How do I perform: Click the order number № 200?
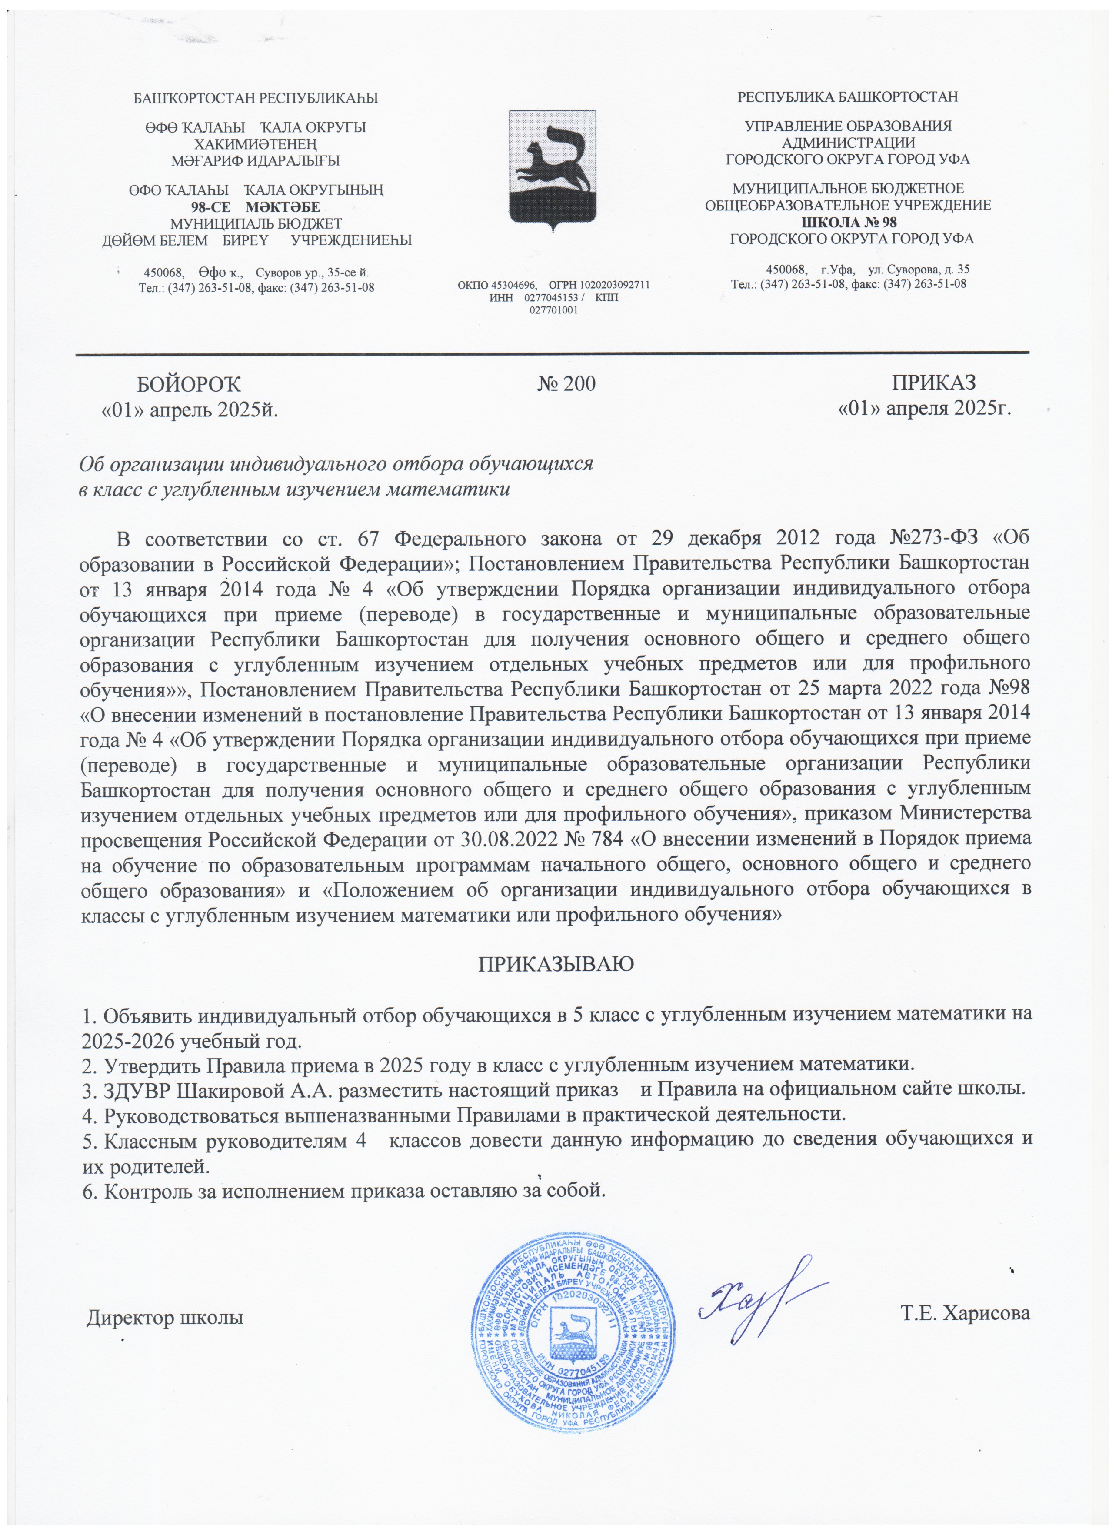click(566, 384)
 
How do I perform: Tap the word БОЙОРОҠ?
click(189, 384)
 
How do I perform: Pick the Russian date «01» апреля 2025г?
click(925, 408)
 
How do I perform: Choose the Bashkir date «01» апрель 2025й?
click(190, 410)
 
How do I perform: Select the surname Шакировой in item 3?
click(246, 1090)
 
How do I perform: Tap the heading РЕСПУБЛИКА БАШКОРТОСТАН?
click(847, 97)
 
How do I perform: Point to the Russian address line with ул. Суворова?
click(868, 270)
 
